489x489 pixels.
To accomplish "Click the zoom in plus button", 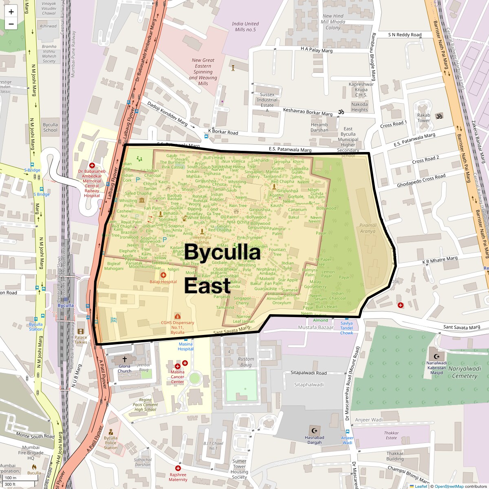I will [11, 12].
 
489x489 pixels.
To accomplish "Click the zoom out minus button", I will [11, 24].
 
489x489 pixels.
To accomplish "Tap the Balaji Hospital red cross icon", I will [163, 275].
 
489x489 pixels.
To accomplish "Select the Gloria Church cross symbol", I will [125, 359].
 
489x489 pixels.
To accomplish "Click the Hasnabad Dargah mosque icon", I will [314, 430].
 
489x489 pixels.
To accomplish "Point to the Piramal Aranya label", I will [368, 228].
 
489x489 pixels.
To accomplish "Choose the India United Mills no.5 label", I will [245, 26].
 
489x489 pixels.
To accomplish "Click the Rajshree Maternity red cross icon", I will [178, 468].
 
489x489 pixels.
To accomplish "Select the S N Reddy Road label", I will [405, 35].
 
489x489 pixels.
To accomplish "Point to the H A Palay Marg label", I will [317, 50].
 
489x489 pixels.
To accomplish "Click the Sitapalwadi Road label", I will [308, 373].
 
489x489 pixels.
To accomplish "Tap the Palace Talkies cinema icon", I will [81, 331].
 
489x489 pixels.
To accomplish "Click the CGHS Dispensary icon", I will [177, 316].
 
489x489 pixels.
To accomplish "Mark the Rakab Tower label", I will [423, 118].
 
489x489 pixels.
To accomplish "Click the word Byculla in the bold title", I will [222, 252].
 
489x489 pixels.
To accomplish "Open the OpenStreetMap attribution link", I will [449, 486].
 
